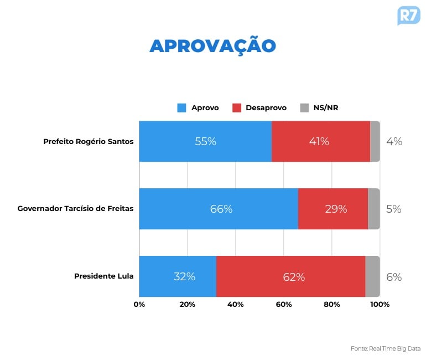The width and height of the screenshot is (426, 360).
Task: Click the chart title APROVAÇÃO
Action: pos(212,46)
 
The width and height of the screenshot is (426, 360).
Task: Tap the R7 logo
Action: pos(408,16)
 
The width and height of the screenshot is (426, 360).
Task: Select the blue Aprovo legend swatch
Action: pos(181,108)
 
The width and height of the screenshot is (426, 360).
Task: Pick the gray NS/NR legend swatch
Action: pos(304,108)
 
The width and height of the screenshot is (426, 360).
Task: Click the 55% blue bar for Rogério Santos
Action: pos(205,141)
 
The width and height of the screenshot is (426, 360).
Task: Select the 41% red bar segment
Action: pos(320,141)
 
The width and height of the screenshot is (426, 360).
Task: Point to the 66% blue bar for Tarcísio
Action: pos(219,209)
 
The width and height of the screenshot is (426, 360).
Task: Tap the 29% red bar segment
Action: pos(333,209)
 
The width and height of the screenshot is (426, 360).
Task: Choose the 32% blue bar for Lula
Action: pos(178,276)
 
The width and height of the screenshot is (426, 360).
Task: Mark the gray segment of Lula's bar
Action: pos(372,276)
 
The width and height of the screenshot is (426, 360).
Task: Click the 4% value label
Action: pos(394,141)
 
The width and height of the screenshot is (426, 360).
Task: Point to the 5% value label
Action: pos(394,209)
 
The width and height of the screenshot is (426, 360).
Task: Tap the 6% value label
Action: pos(394,277)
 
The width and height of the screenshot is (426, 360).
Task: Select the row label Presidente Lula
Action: pos(103,276)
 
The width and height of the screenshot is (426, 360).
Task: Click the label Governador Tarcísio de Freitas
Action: pos(75,209)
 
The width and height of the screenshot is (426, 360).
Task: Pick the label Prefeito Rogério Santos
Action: pos(89,141)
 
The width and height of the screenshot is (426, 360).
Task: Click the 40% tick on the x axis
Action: pos(236,304)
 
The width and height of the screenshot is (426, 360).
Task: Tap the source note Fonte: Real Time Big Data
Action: pos(386,348)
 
